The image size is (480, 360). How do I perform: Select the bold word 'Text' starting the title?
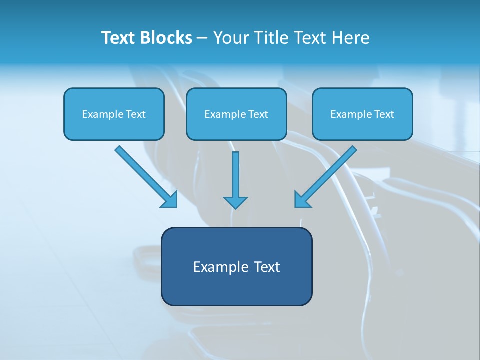117,38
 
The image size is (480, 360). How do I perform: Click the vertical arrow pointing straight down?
235,177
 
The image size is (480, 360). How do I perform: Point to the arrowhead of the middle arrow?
235,202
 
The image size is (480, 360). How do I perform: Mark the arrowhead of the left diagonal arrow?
170,200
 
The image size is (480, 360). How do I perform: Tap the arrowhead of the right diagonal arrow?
302,199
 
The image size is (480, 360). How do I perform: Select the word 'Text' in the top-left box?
136,114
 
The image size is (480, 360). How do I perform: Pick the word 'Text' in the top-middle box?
258,114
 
